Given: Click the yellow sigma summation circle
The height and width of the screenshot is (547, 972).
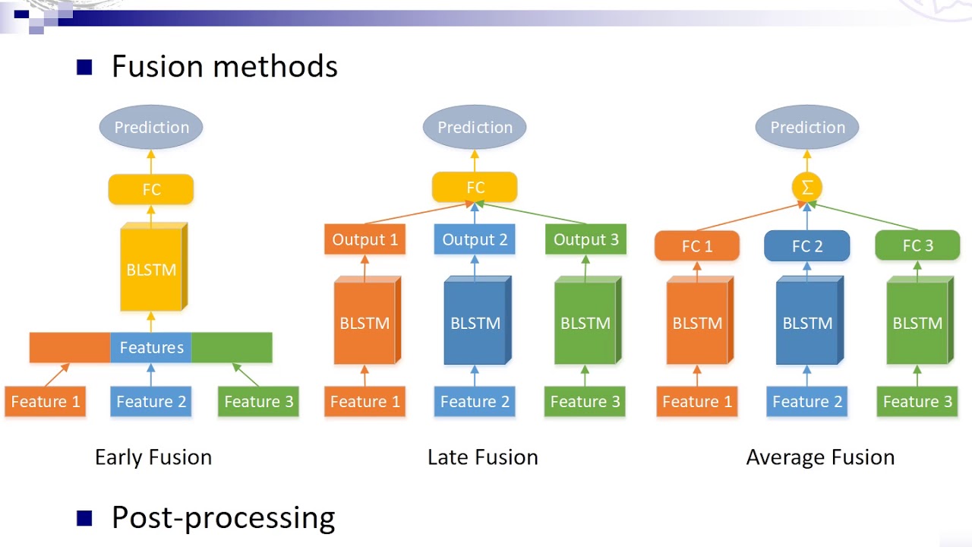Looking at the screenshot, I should (x=807, y=187).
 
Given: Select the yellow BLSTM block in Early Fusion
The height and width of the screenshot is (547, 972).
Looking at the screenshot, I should (x=151, y=269).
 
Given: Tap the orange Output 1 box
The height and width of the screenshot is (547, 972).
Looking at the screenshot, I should (x=365, y=239).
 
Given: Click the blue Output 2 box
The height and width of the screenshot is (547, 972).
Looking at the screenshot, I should (x=475, y=239).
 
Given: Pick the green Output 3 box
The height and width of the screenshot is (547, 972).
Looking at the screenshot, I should (x=585, y=239).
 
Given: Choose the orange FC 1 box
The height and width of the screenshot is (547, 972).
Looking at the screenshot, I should (x=697, y=246).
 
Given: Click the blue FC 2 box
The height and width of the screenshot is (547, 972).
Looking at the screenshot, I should (x=807, y=246).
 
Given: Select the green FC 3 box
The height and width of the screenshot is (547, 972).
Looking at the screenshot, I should (x=917, y=246).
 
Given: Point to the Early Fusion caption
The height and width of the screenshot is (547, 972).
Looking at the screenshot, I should (x=153, y=457).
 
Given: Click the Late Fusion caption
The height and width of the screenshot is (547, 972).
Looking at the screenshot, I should (x=483, y=457).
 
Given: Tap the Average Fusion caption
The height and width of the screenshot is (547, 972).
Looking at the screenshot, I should (x=820, y=457).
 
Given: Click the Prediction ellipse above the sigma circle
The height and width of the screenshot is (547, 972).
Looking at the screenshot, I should (x=807, y=127).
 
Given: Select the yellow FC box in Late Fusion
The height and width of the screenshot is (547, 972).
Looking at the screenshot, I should (x=475, y=188).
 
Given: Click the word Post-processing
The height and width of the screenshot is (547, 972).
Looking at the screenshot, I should (x=223, y=517).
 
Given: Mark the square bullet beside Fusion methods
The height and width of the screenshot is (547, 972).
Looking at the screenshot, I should (x=84, y=68).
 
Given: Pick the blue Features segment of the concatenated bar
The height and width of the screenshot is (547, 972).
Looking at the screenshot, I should (x=151, y=347).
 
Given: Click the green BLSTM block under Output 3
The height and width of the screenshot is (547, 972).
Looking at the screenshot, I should (x=585, y=322).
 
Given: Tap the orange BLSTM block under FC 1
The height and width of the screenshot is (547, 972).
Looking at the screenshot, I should (x=697, y=322).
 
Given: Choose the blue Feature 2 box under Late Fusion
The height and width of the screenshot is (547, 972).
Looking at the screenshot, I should (x=475, y=401).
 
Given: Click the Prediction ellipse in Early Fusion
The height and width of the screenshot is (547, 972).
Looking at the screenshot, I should (x=151, y=127).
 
